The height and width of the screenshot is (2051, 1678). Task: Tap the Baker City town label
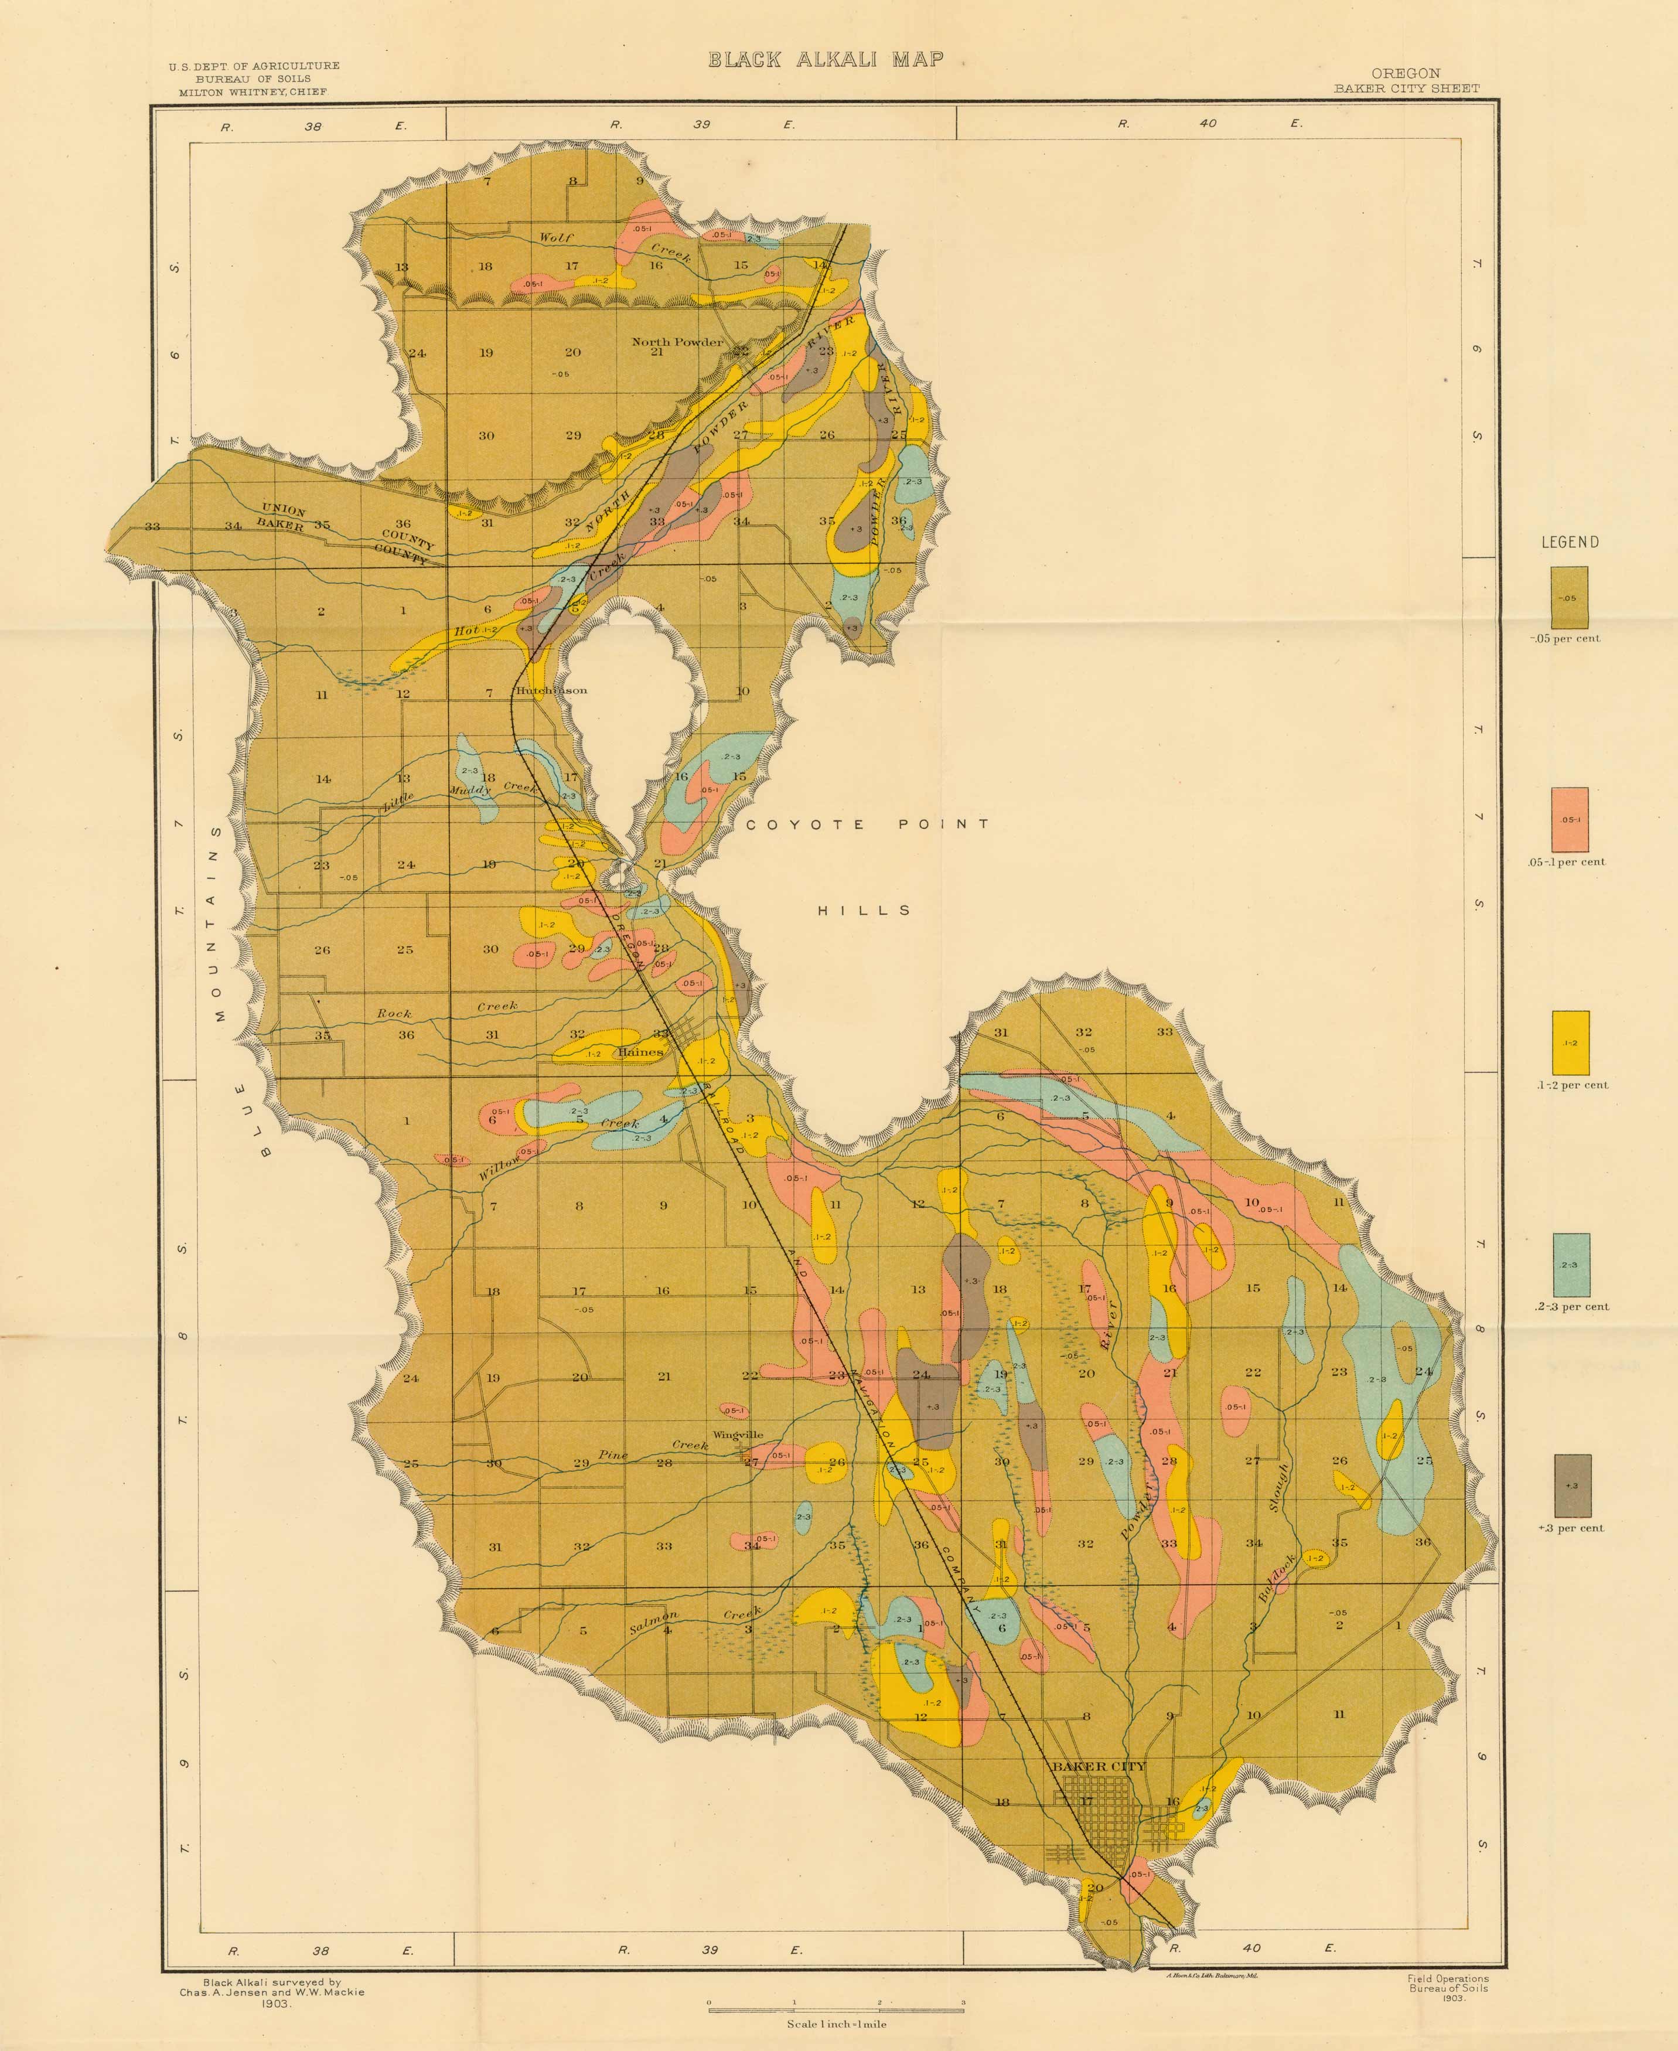1098,1766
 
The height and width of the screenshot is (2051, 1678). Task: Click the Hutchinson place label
551,690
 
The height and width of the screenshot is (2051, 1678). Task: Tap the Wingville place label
738,1435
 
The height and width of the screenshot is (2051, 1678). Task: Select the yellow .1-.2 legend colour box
1570,1042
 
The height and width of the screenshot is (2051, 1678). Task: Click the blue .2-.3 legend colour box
1571,1264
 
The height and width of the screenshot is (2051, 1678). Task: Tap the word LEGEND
1570,542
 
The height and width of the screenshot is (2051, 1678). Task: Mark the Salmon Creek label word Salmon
653,1622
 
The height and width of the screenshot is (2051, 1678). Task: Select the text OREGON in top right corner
1406,73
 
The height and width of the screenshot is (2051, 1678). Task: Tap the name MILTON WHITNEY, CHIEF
253,92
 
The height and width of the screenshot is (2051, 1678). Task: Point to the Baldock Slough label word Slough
1280,1487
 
